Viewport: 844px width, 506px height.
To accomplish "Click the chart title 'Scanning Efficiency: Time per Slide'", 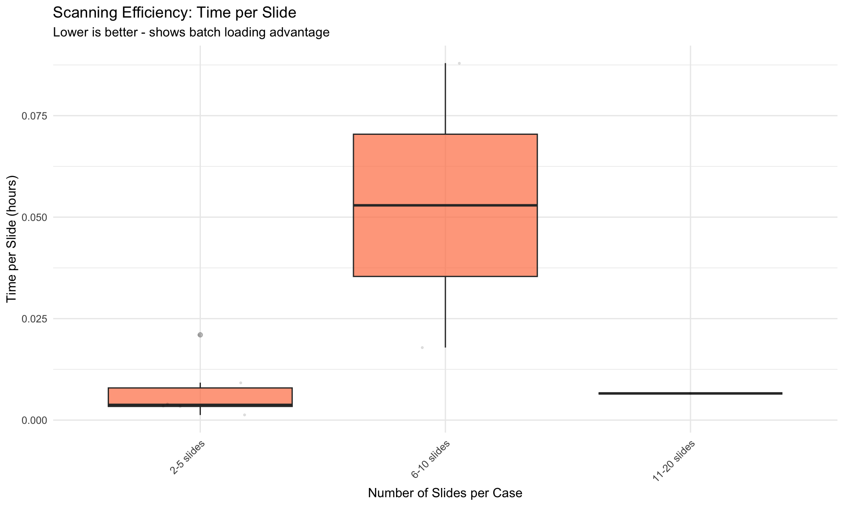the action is [175, 13].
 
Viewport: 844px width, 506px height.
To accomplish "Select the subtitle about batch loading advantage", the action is [191, 33].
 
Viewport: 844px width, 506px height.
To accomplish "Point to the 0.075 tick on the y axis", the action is [34, 116].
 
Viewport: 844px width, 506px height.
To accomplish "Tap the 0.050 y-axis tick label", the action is [34, 217].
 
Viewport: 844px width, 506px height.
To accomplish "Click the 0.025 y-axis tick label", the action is [34, 319].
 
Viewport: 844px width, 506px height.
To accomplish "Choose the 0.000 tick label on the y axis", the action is [34, 420].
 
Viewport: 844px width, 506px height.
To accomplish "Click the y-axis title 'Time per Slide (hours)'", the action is [11, 239].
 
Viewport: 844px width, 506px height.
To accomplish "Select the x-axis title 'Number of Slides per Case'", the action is [445, 493].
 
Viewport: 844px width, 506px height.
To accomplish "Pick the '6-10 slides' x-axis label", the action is [431, 459].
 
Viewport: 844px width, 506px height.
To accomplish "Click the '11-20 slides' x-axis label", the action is [674, 461].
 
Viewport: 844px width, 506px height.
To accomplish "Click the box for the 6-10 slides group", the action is [445, 205].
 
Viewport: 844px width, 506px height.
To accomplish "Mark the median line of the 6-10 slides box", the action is [445, 205].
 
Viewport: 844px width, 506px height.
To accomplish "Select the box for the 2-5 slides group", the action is [200, 397].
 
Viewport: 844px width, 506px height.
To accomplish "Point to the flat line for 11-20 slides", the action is [690, 393].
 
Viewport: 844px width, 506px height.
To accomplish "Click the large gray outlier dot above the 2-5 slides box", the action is [200, 335].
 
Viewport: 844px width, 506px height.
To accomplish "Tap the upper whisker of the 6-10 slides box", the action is [445, 98].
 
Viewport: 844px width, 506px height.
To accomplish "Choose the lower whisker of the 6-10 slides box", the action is [445, 312].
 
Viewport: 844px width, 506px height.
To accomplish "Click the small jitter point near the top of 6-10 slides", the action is [459, 63].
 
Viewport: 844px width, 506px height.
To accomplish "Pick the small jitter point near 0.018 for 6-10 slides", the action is [422, 347].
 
